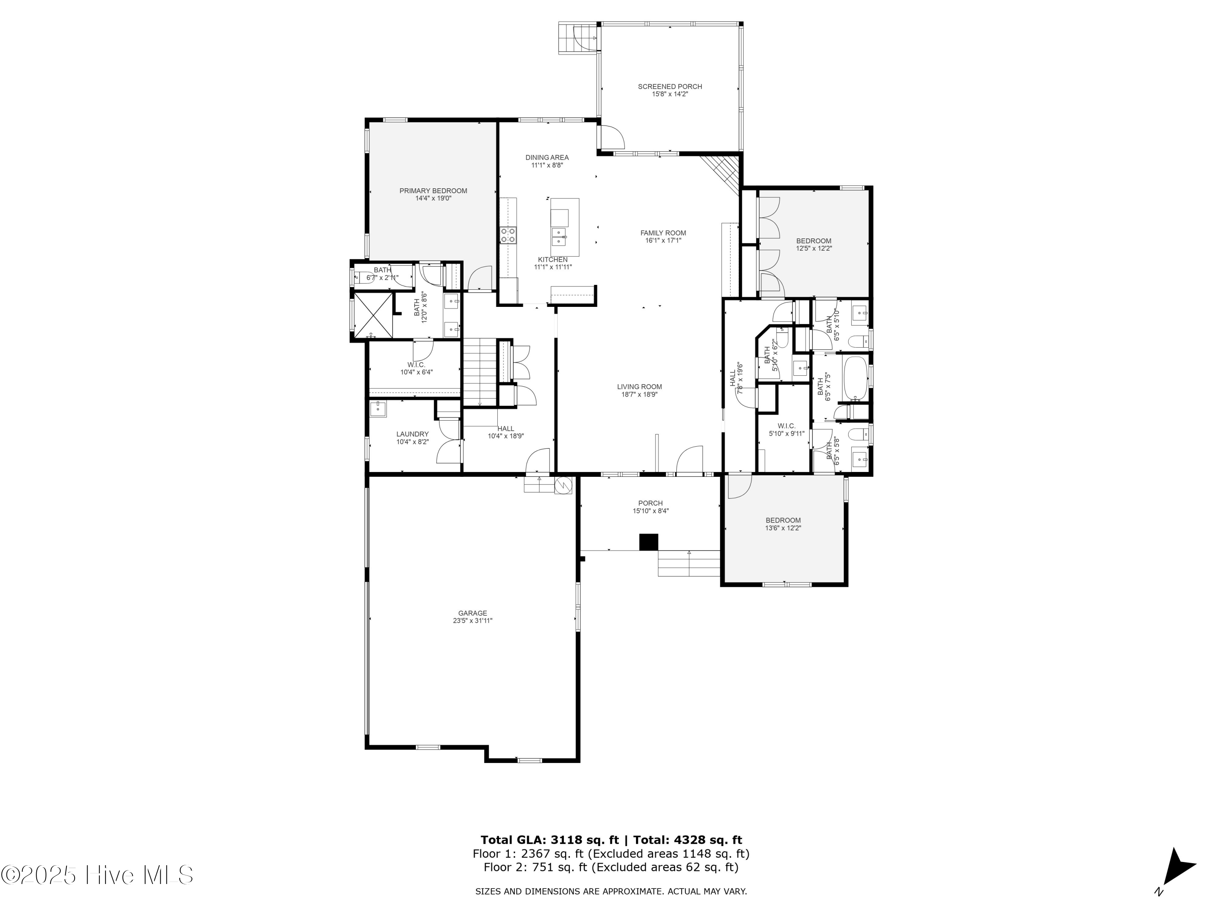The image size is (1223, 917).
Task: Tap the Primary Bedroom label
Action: (x=433, y=191)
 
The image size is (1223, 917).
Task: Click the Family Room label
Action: (x=663, y=233)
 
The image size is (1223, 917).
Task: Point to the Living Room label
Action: (x=639, y=387)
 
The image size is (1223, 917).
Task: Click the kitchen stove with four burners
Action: (x=508, y=235)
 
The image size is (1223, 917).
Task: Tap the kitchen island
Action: (x=565, y=227)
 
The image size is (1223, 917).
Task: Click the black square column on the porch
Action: (x=649, y=542)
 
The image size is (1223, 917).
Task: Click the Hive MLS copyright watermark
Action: (x=97, y=875)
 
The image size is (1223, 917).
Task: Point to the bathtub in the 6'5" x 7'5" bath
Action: (x=855, y=378)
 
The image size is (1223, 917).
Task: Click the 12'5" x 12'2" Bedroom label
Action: (x=813, y=241)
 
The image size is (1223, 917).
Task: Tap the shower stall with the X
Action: (x=373, y=315)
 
